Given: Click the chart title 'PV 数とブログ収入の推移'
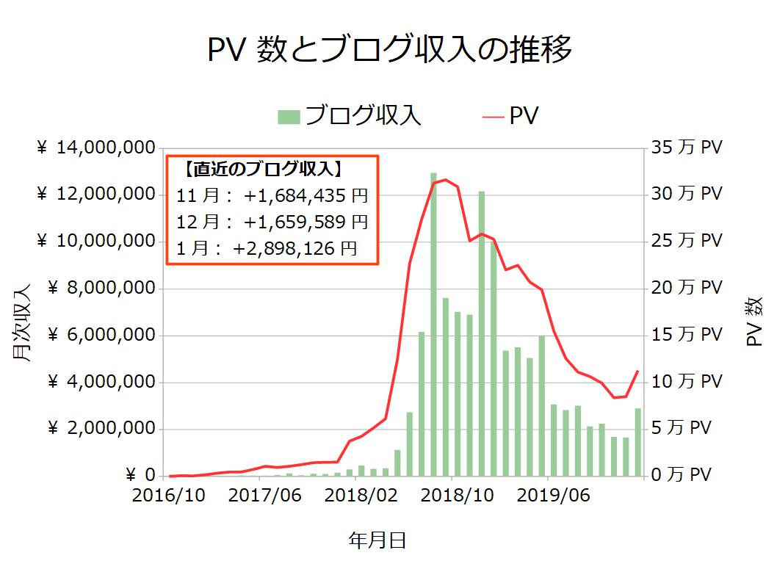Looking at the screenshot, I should (x=389, y=51).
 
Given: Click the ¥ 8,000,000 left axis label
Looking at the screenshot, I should (x=101, y=289).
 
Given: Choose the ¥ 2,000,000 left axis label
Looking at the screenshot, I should (x=101, y=429).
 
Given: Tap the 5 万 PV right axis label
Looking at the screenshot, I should (x=682, y=428).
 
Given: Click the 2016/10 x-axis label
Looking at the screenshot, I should (x=169, y=496).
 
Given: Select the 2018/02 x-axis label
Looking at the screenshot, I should (x=361, y=496).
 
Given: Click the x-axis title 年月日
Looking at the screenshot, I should (x=377, y=541).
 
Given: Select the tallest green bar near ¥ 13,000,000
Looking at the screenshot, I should (x=433, y=323).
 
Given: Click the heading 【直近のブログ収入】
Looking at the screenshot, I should (x=261, y=169).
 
